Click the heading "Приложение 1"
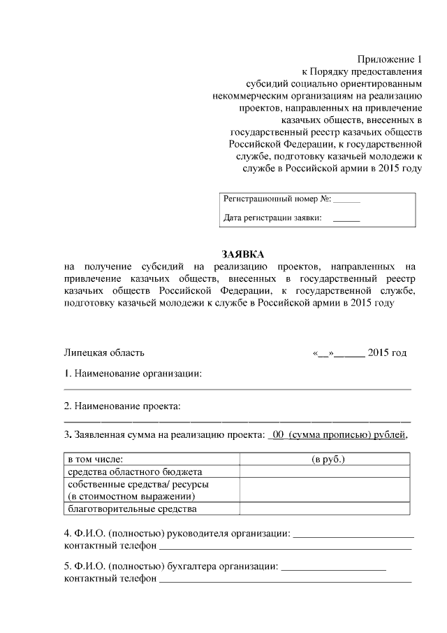[x=389, y=58]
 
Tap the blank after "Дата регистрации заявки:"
[x=346, y=219]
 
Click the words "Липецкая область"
[x=104, y=353]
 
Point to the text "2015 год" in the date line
[x=387, y=353]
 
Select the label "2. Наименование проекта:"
[x=122, y=406]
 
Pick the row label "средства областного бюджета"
[x=134, y=472]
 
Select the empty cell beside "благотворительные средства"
[x=325, y=509]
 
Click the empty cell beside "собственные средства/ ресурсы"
[x=325, y=490]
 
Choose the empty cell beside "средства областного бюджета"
[x=325, y=472]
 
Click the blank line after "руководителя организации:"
[x=353, y=535]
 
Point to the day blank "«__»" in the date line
[x=323, y=353]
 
